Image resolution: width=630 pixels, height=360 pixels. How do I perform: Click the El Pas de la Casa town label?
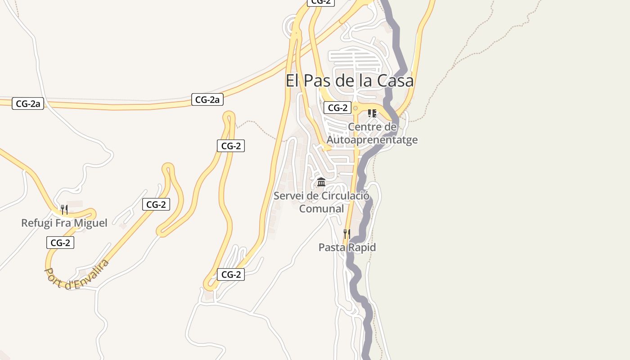350,81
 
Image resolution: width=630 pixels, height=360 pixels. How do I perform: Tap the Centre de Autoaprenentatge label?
372,133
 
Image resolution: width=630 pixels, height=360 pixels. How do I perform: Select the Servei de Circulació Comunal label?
321,202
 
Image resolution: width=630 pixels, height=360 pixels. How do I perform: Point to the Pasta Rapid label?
347,247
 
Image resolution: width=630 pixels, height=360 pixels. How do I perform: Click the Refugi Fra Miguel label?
64,223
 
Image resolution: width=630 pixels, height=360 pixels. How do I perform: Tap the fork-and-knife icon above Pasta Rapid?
346,234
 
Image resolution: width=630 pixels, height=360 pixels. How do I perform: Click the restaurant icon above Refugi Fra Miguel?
64,209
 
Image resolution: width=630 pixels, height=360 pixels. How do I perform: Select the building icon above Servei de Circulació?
321,182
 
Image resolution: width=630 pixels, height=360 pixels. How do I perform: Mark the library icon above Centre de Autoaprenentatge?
372,113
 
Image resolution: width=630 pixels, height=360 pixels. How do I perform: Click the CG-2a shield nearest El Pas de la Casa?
207,99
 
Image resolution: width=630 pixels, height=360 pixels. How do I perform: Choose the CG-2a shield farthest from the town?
28,104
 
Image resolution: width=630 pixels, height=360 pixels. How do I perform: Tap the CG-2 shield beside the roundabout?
337,108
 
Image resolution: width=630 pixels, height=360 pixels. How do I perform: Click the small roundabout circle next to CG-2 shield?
355,108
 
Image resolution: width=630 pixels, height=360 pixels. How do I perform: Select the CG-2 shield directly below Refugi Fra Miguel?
60,243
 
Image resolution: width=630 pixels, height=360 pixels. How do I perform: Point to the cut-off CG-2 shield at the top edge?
321,2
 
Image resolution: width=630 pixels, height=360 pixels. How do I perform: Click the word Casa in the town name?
395,81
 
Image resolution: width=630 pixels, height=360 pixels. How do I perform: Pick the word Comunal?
321,208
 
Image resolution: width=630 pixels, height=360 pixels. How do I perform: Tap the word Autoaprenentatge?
372,139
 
